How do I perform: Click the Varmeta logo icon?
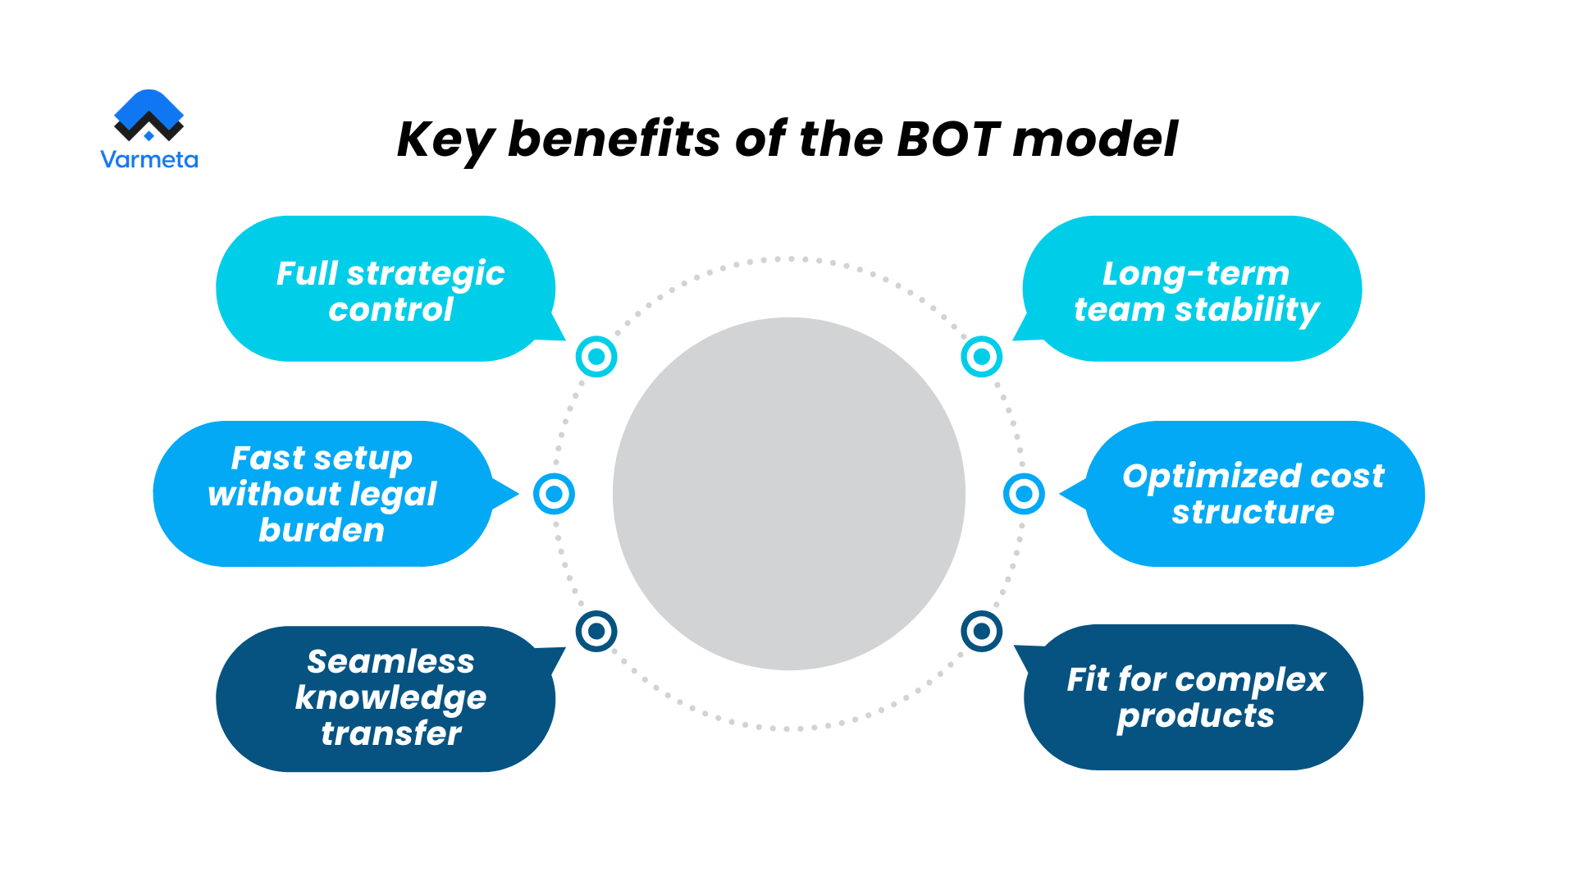click(x=148, y=116)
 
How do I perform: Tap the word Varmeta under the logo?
click(x=148, y=159)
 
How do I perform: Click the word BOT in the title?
click(x=948, y=139)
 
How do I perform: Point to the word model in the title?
click(x=1095, y=139)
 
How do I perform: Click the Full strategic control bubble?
click(x=386, y=289)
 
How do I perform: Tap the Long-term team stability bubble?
click(x=1194, y=289)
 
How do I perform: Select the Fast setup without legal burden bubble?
click(x=322, y=494)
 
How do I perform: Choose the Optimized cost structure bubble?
click(x=1253, y=494)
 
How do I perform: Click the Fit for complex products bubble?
click(x=1194, y=697)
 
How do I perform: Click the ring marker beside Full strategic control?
click(x=596, y=357)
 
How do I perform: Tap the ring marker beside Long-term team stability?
click(x=981, y=357)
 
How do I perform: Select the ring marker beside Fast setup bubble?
click(x=554, y=494)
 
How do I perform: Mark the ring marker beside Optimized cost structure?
click(x=1024, y=494)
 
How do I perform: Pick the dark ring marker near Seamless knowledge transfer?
click(x=596, y=631)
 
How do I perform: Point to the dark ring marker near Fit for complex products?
click(x=981, y=631)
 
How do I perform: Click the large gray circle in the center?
click(x=788, y=494)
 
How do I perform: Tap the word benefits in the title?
click(x=614, y=139)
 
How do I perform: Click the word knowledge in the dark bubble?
click(x=390, y=698)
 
